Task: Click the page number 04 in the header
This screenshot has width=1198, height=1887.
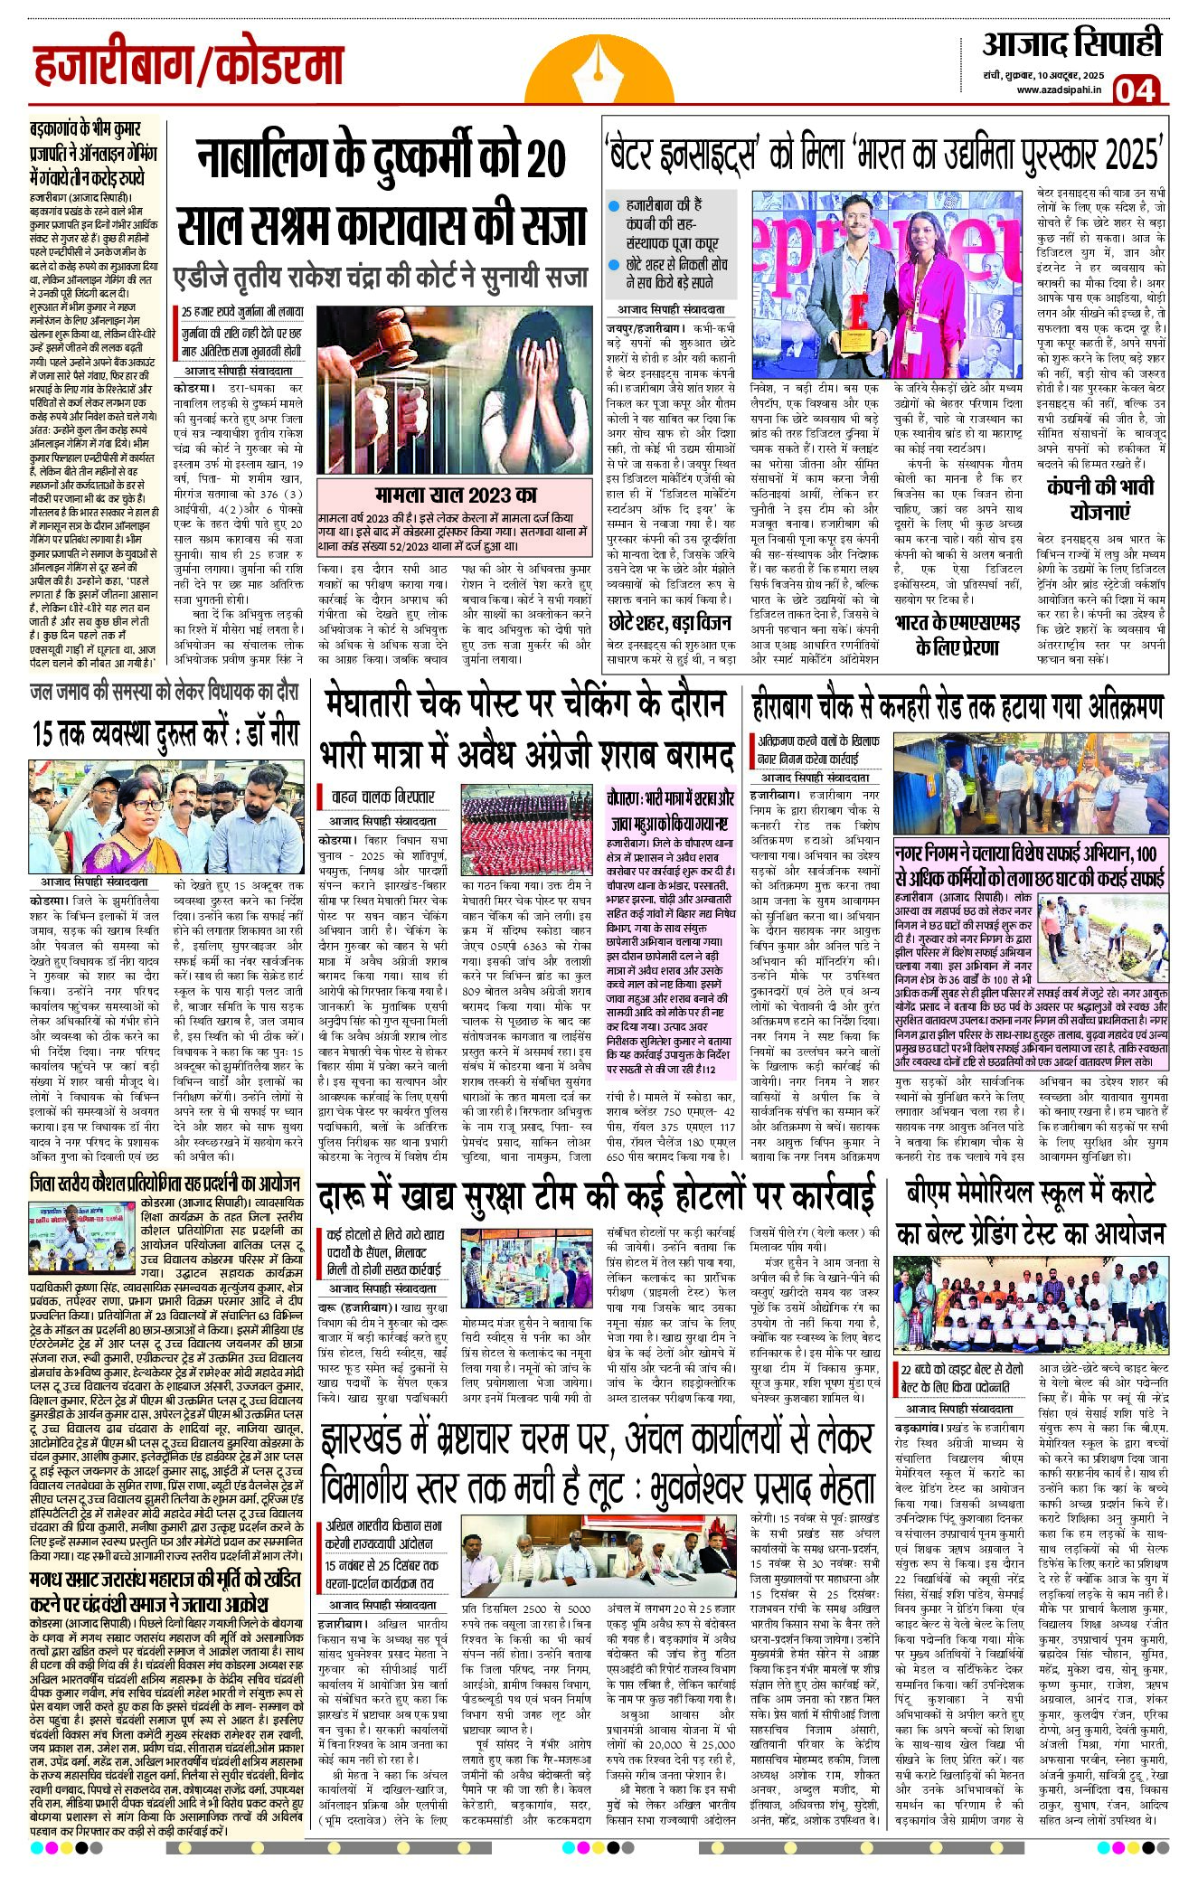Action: (x=1134, y=90)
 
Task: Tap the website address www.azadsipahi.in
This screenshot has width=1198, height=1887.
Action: (x=1058, y=90)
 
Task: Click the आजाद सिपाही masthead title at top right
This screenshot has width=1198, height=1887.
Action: (x=1071, y=44)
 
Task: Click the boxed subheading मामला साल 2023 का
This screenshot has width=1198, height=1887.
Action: (x=456, y=495)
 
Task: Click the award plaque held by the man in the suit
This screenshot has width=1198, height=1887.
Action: (x=853, y=340)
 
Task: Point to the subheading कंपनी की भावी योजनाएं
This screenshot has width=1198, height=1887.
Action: (x=1099, y=498)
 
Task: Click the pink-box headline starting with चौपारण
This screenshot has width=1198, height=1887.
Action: (x=670, y=811)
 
